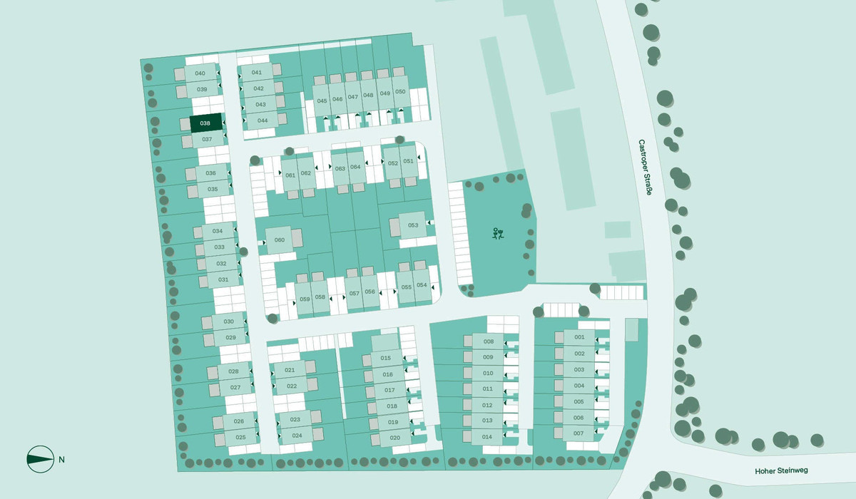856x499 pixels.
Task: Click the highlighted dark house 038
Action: point(205,123)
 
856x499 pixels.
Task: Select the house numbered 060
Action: point(280,240)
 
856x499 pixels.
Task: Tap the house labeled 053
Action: point(413,225)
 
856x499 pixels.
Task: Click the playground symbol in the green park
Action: point(499,233)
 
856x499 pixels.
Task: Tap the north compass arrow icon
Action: point(40,459)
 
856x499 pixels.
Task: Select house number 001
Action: point(579,337)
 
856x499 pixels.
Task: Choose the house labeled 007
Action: point(579,433)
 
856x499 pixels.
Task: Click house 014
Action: point(488,436)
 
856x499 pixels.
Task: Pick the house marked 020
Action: point(394,437)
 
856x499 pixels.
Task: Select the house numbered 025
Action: point(240,437)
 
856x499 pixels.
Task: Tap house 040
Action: point(200,73)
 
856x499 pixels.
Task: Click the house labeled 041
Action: point(257,73)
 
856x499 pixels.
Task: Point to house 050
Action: point(400,92)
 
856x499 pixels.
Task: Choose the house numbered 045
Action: point(322,101)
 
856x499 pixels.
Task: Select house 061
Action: point(290,175)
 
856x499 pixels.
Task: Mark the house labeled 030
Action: point(229,322)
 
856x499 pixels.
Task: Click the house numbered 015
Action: point(387,358)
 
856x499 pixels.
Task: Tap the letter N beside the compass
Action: point(62,459)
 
